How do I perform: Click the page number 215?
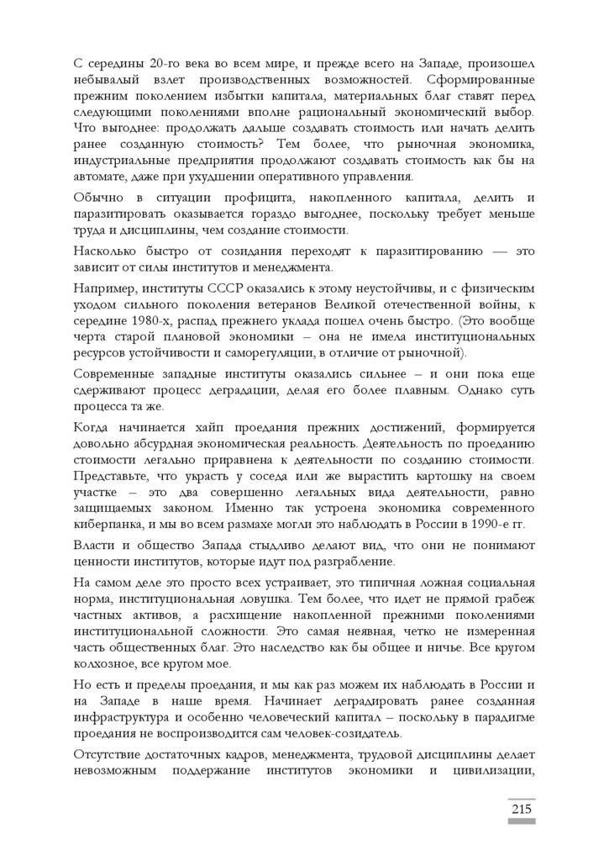[x=521, y=811]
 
